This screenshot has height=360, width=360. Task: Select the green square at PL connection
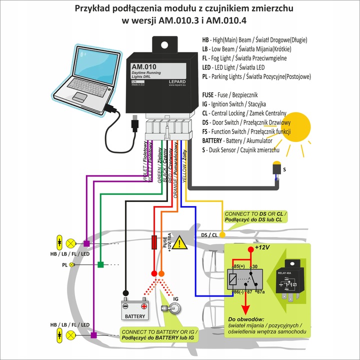100,264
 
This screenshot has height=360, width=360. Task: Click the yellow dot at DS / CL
223,234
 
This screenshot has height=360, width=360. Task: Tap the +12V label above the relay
262,247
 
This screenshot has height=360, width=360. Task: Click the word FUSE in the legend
208,94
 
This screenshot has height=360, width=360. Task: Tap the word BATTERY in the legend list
215,141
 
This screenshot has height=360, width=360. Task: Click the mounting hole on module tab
163,43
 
